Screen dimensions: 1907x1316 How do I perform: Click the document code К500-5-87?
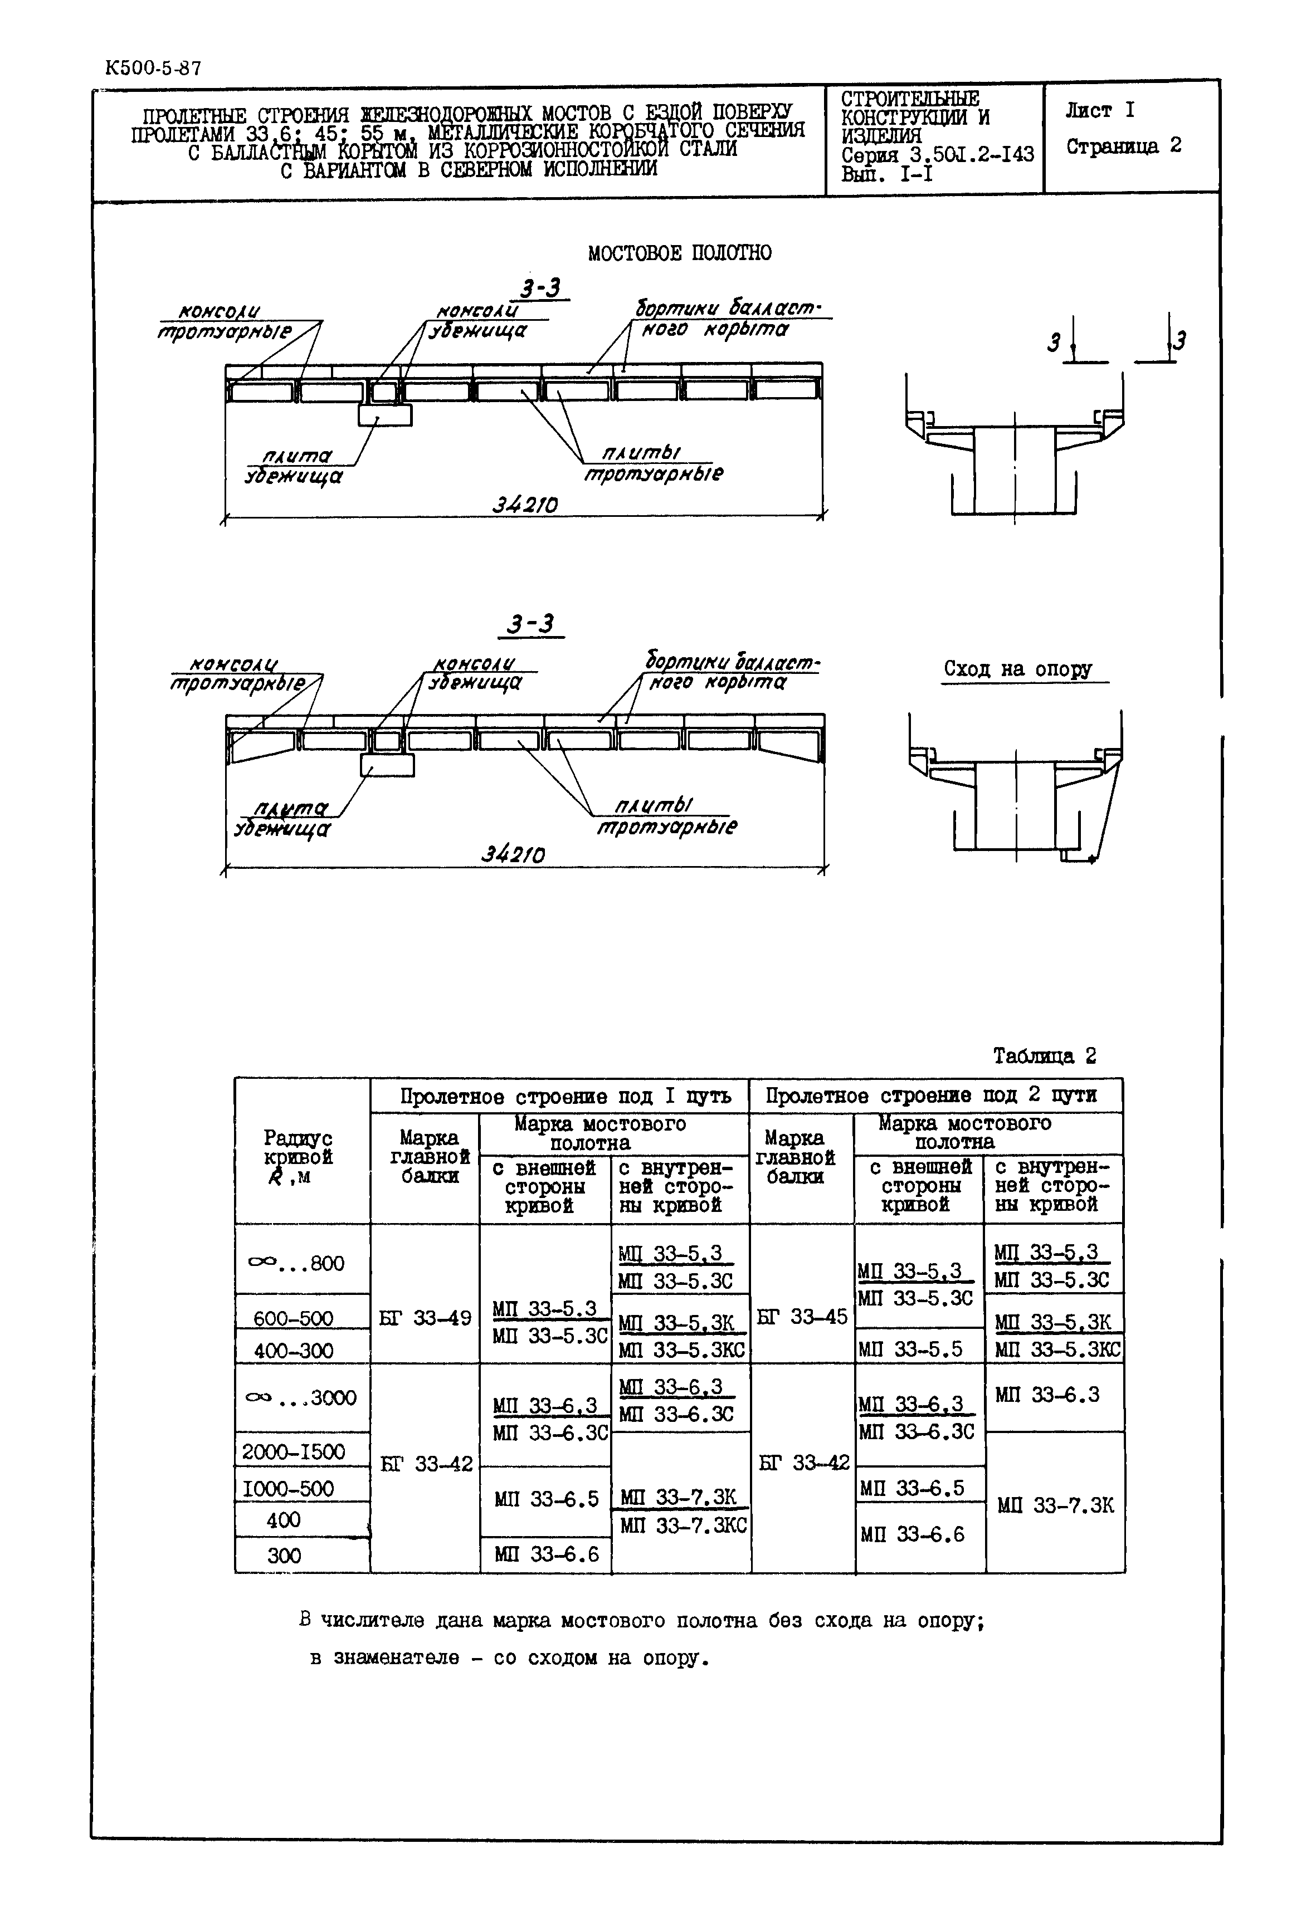click(x=153, y=69)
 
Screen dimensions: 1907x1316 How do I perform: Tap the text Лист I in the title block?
click(x=1099, y=110)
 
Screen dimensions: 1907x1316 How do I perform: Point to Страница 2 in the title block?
click(x=1123, y=146)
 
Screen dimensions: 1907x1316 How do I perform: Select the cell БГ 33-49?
click(x=425, y=1318)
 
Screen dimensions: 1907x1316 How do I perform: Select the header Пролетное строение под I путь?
click(x=565, y=1096)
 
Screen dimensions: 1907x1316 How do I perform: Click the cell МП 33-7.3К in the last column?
click(x=1055, y=1505)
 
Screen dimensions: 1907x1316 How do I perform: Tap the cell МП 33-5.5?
click(x=910, y=1349)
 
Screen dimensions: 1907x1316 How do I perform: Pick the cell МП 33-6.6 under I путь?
click(x=546, y=1554)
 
